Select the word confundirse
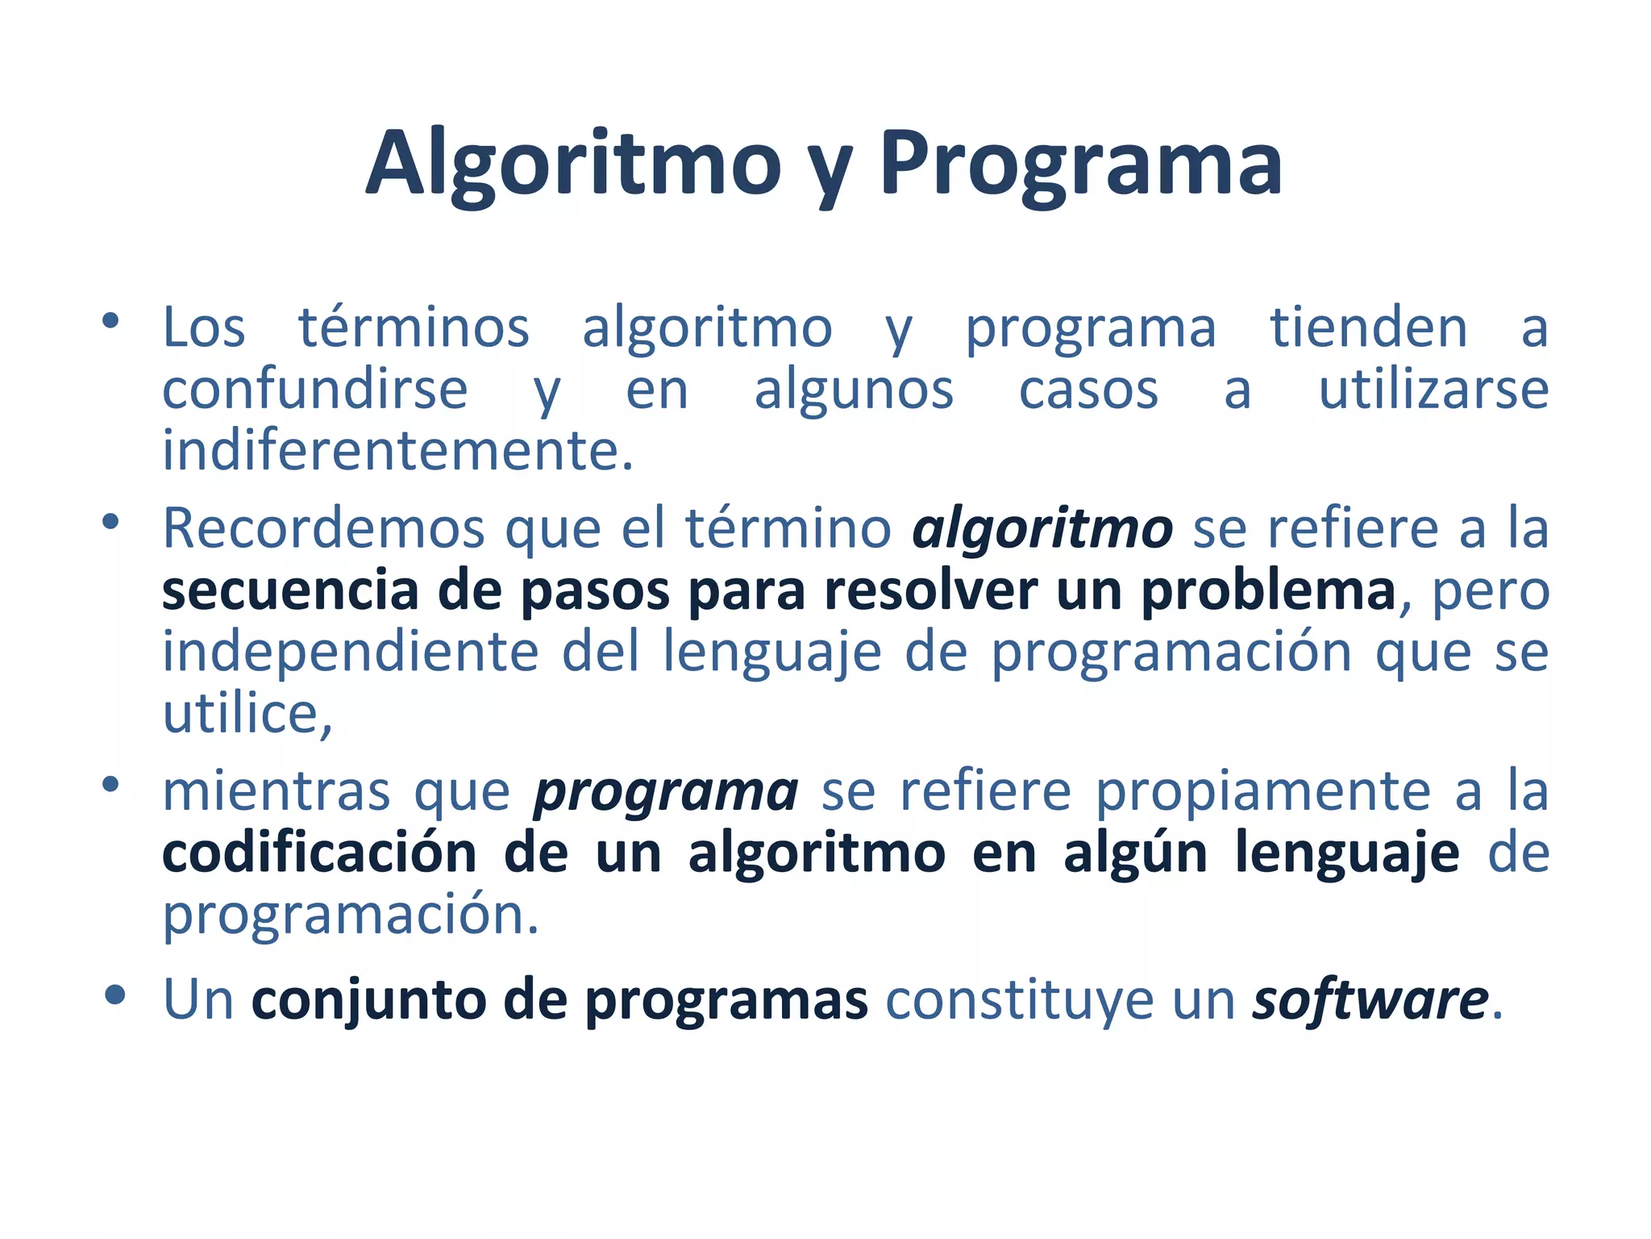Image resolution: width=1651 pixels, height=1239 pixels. pos(314,390)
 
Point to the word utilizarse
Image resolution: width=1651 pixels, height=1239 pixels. pos(1433,390)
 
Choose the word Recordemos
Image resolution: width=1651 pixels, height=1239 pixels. pos(323,529)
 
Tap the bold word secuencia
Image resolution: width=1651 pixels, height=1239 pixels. pos(290,590)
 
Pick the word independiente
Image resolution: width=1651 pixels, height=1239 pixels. pos(350,652)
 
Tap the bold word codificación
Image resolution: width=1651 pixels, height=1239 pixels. pos(319,853)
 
